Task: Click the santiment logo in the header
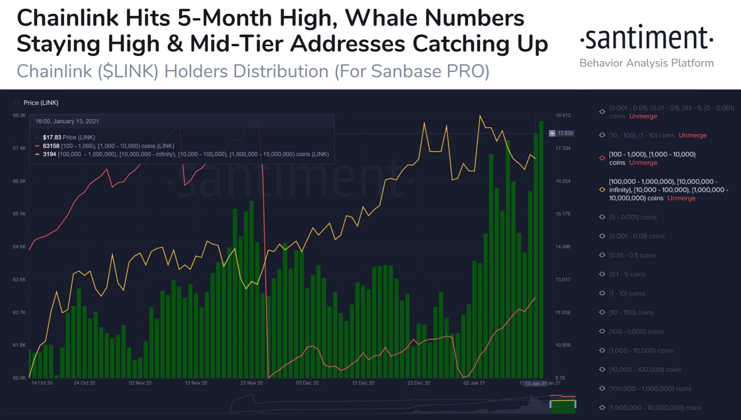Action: tap(647, 38)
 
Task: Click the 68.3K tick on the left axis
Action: tap(19, 115)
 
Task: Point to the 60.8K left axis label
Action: tap(19, 378)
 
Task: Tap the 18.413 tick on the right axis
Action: tap(563, 115)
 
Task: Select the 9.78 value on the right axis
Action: tap(560, 378)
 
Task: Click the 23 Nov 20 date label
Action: tap(252, 383)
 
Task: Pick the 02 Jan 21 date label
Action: tap(474, 383)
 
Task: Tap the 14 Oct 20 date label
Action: tap(42, 383)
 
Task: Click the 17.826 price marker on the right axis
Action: tap(565, 133)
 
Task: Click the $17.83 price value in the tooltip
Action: tap(52, 137)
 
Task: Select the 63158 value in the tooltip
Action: tap(51, 146)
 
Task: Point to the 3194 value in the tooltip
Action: tap(49, 154)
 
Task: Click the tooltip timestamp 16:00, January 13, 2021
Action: tap(67, 121)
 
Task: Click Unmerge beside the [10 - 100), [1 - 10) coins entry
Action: tap(693, 136)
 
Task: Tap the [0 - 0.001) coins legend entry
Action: tap(633, 217)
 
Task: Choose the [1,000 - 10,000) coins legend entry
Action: tap(641, 351)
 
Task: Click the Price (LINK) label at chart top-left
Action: tap(41, 103)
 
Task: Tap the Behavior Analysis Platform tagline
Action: tap(647, 63)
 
